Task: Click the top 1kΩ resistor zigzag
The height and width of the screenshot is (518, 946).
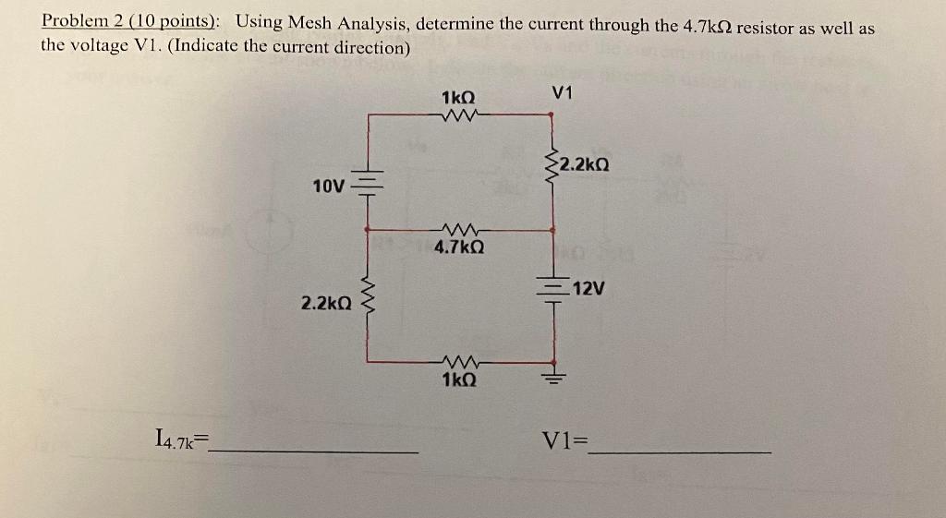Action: click(459, 115)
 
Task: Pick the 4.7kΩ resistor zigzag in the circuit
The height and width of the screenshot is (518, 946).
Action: click(459, 229)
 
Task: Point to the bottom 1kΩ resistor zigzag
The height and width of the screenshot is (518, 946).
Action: click(459, 361)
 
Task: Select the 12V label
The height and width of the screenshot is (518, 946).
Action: click(588, 289)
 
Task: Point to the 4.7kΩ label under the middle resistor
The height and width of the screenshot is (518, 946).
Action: click(459, 248)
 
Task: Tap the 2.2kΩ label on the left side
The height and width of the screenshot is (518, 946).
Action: click(326, 302)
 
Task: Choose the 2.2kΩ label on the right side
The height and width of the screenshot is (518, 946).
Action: click(584, 166)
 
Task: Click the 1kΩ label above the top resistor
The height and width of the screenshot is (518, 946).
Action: click(458, 97)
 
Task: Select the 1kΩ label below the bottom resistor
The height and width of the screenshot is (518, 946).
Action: click(459, 379)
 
